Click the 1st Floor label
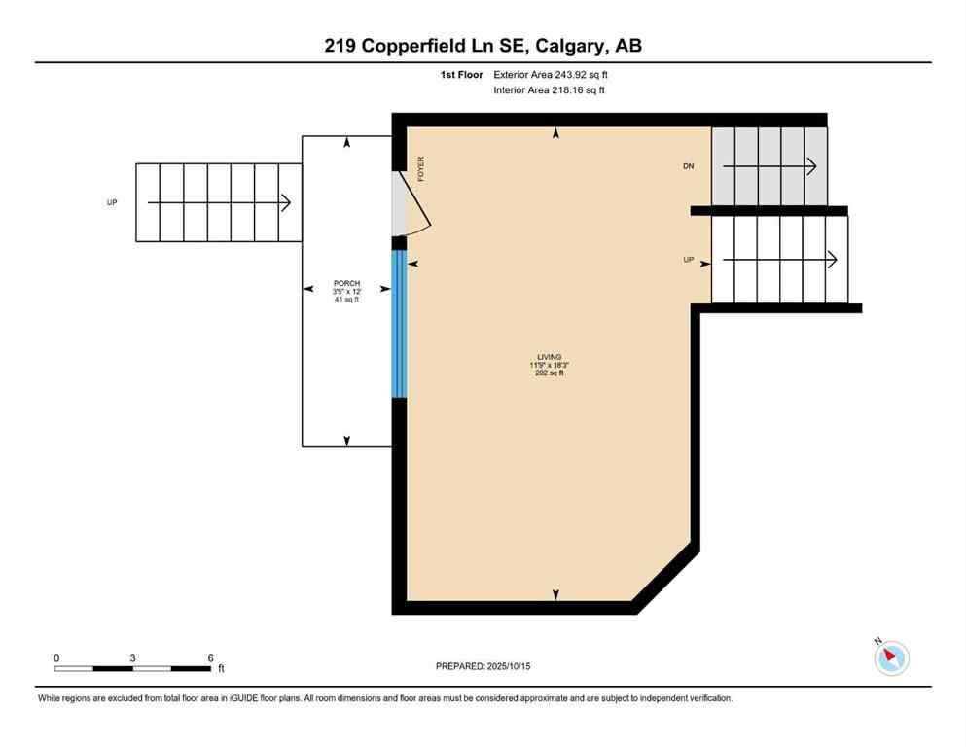(x=461, y=74)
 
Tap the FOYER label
(x=421, y=170)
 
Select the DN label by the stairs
(x=689, y=167)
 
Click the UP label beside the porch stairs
(x=112, y=203)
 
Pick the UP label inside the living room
(x=689, y=260)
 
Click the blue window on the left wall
(x=398, y=324)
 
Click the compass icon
(x=890, y=658)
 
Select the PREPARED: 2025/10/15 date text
(x=483, y=666)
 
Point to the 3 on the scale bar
(x=132, y=658)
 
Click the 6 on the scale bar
(x=211, y=658)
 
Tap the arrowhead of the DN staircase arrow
(x=812, y=167)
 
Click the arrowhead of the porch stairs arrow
(x=286, y=203)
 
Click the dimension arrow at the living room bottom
(x=555, y=594)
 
